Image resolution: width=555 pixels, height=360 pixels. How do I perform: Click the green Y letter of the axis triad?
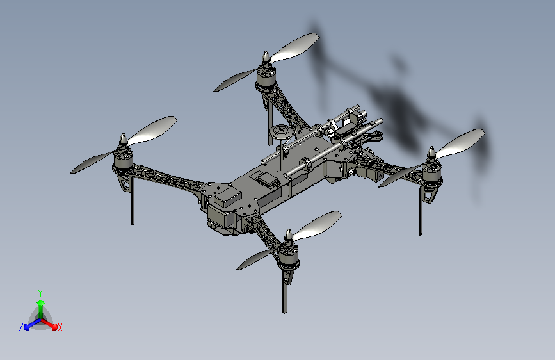40,293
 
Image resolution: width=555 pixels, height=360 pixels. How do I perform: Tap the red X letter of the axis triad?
60,327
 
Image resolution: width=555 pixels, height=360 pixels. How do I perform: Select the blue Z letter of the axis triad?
21,327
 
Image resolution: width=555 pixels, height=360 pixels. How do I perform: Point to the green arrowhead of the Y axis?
41,303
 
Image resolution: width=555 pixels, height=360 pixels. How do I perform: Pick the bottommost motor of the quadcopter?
288,256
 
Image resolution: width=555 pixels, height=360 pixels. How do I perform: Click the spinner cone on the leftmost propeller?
123,140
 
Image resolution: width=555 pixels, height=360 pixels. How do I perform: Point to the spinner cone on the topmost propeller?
266,58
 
